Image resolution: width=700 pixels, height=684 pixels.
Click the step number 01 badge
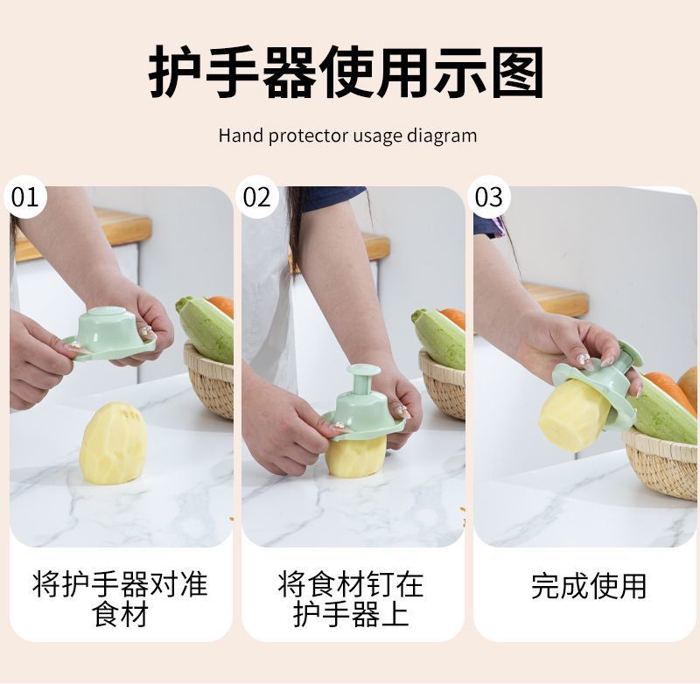(25, 198)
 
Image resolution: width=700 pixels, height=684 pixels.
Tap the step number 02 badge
(257, 198)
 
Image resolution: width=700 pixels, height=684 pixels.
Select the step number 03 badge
(488, 198)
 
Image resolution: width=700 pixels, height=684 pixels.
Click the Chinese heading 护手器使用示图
(348, 73)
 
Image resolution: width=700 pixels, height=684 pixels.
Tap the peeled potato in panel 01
(112, 443)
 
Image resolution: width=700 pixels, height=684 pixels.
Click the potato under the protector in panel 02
(356, 455)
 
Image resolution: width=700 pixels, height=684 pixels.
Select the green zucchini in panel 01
(206, 327)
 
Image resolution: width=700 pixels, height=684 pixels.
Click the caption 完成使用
(588, 585)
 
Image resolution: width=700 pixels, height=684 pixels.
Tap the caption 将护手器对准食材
(120, 597)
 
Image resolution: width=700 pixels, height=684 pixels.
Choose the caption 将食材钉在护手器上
(351, 597)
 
